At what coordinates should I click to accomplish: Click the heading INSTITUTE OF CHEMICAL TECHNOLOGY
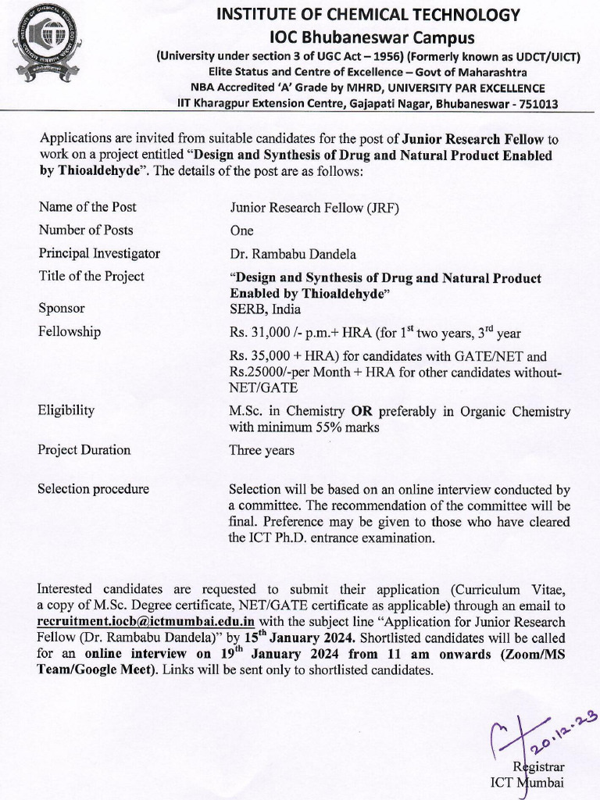tap(368, 15)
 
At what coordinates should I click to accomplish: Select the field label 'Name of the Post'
tap(87, 207)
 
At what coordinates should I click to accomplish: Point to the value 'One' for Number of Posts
tap(241, 230)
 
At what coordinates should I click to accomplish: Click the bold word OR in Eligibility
tap(361, 411)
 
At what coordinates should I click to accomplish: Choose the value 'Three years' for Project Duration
tap(262, 450)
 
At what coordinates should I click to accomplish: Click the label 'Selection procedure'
tap(93, 489)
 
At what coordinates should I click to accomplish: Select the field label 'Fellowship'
tap(70, 331)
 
